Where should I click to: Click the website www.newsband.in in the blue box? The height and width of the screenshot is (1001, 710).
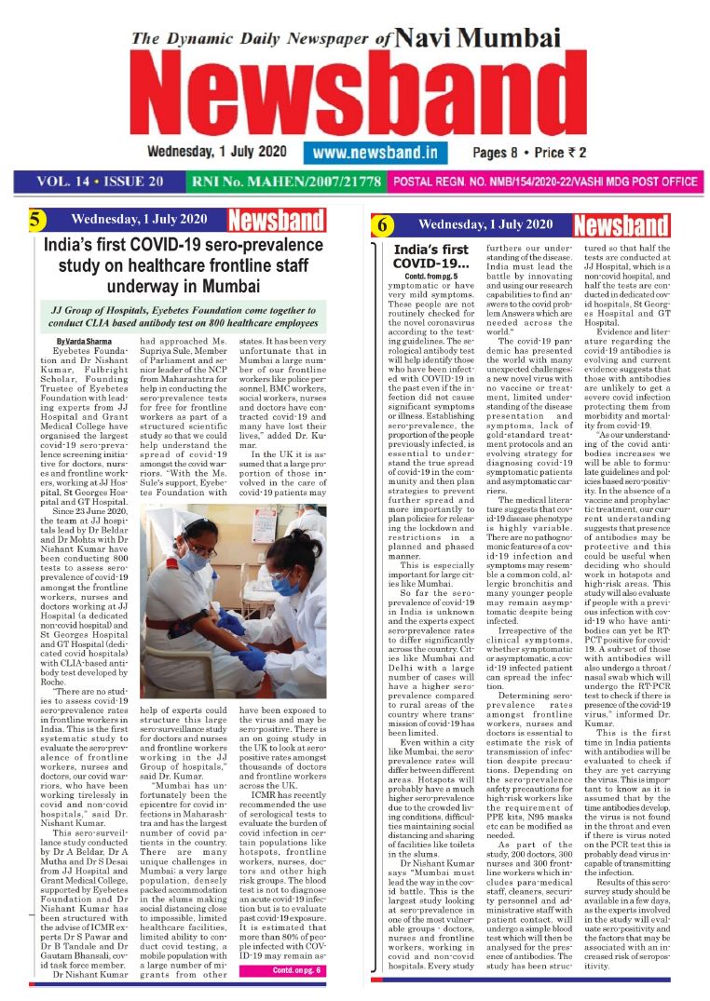tap(375, 151)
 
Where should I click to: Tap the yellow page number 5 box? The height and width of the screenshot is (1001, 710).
tap(34, 221)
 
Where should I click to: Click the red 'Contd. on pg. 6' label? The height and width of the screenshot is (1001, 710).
tap(296, 969)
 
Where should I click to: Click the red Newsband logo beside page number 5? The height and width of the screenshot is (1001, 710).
tap(276, 221)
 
